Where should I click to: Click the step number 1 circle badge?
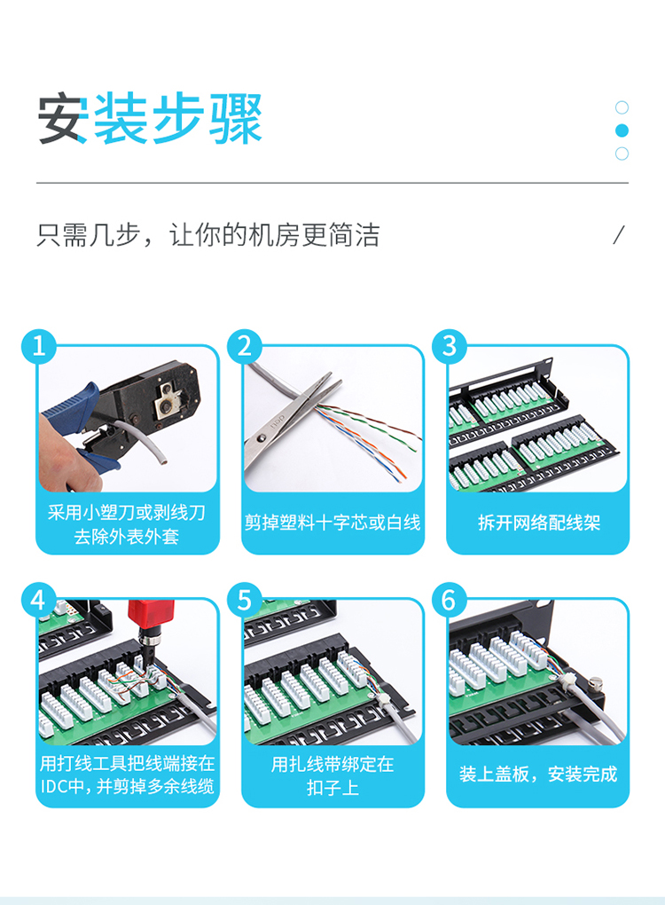tap(39, 347)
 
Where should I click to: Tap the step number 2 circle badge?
tap(245, 347)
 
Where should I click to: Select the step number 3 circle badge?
tap(450, 347)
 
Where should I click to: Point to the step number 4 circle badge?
tap(39, 601)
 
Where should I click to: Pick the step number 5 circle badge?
tap(245, 601)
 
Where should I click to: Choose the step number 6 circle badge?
tap(450, 601)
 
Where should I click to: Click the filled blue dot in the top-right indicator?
tap(622, 130)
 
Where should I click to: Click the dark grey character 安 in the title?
tap(63, 119)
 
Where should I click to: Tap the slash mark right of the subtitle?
tap(619, 235)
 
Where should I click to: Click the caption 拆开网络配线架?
tap(539, 523)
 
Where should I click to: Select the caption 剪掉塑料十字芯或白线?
tap(332, 523)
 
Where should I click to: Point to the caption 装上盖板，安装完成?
tap(538, 774)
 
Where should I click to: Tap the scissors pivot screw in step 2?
tap(263, 438)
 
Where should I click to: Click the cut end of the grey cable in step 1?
tap(163, 460)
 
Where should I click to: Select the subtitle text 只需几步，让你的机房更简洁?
tap(208, 235)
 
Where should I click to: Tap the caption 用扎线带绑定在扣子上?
tap(332, 775)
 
